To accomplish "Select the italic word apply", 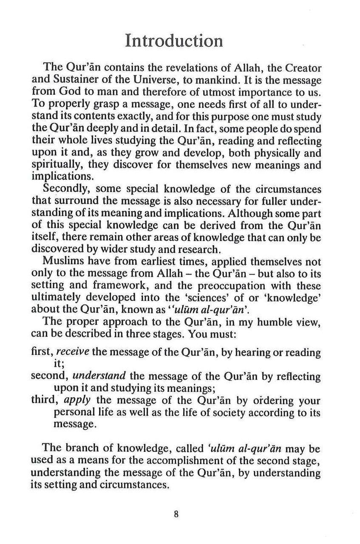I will [x=78, y=401].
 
